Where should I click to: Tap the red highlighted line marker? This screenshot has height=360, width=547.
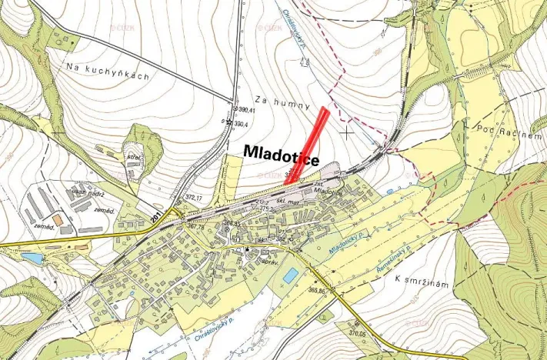[310, 146]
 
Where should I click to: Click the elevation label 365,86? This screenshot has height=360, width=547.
[319, 291]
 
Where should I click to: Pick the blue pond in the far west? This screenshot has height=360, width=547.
[33, 259]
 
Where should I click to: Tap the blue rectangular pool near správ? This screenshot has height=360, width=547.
[290, 275]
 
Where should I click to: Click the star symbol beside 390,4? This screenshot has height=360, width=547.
[228, 123]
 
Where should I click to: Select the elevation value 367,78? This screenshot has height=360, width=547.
[195, 226]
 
